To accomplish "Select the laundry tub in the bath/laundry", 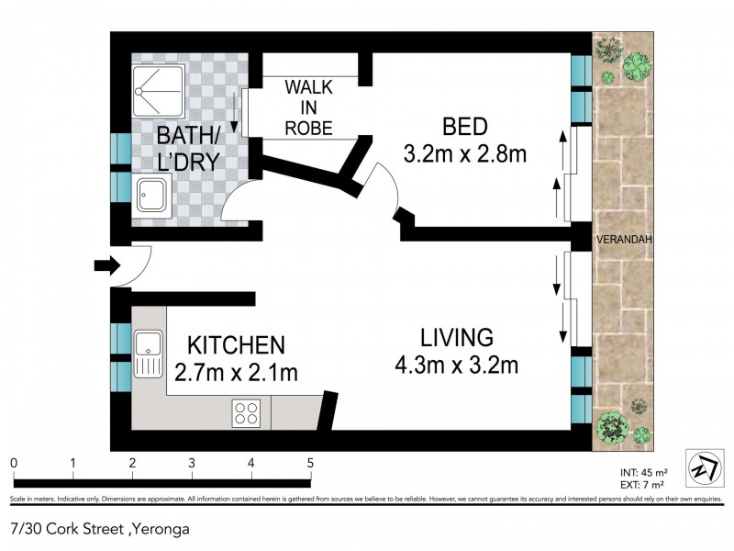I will pyautogui.click(x=152, y=196).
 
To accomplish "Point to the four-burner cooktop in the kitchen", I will pyautogui.click(x=245, y=412).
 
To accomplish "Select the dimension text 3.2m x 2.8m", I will pyautogui.click(x=464, y=153).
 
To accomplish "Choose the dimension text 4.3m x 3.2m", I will pyautogui.click(x=458, y=365).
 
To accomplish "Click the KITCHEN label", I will pyautogui.click(x=236, y=345).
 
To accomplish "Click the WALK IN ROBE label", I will pyautogui.click(x=308, y=107).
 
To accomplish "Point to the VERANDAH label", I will pyautogui.click(x=624, y=240).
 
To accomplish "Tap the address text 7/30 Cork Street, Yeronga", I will pyautogui.click(x=88, y=529).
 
